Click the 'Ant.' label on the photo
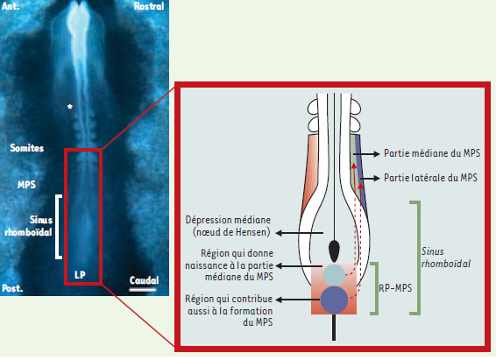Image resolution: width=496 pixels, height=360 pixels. (x=11, y=6)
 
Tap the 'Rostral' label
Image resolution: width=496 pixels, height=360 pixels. (x=149, y=6)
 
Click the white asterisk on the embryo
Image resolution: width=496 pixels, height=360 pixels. (x=70, y=107)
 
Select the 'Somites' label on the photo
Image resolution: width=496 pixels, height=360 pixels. (x=27, y=148)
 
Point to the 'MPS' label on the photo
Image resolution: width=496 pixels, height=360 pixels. (x=26, y=185)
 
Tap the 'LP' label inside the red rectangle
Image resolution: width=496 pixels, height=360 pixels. (x=80, y=275)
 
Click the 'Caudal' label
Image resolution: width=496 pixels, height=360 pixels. (x=144, y=280)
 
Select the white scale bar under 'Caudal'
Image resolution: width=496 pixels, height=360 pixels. (x=142, y=289)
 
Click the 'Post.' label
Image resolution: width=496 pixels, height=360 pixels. (x=12, y=288)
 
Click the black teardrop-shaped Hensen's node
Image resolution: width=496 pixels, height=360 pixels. (x=334, y=251)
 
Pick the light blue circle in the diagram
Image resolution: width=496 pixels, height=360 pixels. (x=334, y=275)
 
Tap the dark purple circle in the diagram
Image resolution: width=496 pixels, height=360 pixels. (x=334, y=300)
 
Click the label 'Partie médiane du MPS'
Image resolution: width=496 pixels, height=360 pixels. (x=432, y=153)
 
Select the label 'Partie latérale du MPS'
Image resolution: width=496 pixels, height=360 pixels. (x=430, y=178)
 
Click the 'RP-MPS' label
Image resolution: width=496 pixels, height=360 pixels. (x=395, y=288)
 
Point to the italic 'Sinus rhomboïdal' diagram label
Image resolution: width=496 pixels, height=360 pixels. (x=446, y=258)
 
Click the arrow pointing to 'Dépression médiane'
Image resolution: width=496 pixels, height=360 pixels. (x=300, y=233)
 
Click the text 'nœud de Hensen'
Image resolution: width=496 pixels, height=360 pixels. (x=231, y=233)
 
